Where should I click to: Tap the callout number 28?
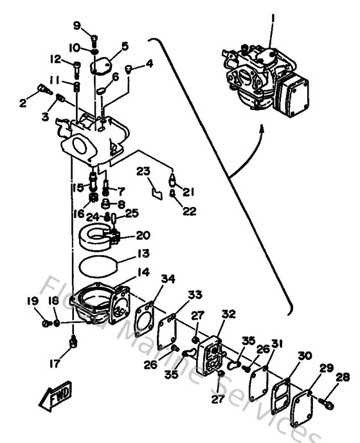pyautogui.click(x=344, y=377)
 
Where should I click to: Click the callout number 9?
pyautogui.click(x=76, y=26)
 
